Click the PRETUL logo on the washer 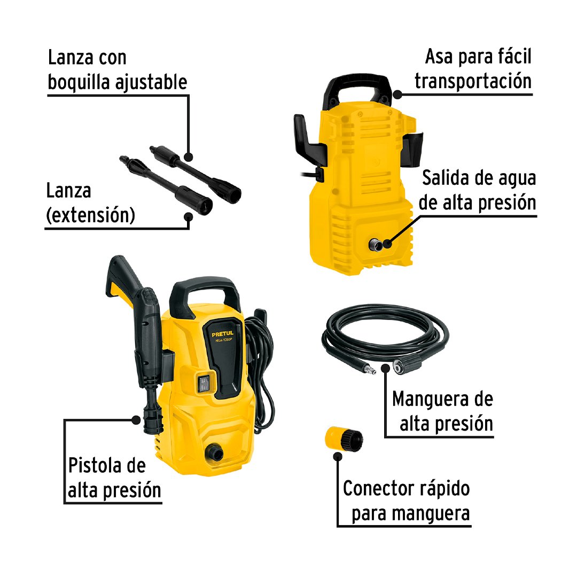tap(223, 334)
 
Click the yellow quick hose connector tap(344, 439)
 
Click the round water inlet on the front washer tap(214, 451)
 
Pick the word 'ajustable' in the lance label tap(151, 82)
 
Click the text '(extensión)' tap(90, 215)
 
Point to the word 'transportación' tap(473, 81)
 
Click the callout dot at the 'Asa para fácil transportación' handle tap(397, 94)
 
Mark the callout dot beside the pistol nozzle tap(136, 420)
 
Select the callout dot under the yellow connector tap(338, 457)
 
